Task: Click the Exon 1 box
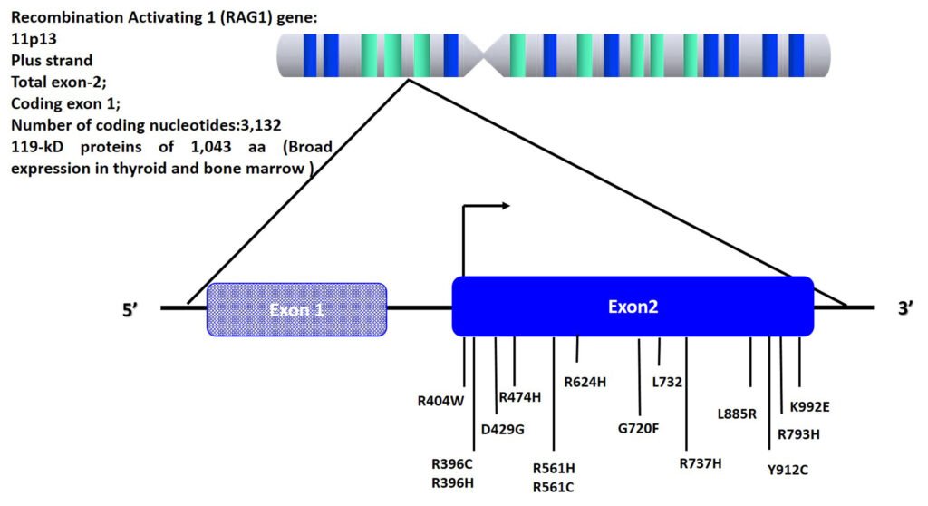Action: coord(297,309)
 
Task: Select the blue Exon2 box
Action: coord(633,307)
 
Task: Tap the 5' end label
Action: coord(133,309)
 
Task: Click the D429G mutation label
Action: coord(503,429)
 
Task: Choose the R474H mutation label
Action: coord(519,396)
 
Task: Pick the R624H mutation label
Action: coord(585,382)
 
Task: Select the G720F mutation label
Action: coord(638,428)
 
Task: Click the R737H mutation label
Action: coord(701,463)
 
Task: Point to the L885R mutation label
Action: coord(736,414)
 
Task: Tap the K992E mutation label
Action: coord(809,406)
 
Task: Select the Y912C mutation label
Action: coord(787,469)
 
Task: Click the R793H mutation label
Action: coord(798,433)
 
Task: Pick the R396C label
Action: coord(452,463)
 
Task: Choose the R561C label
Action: coord(554,486)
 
